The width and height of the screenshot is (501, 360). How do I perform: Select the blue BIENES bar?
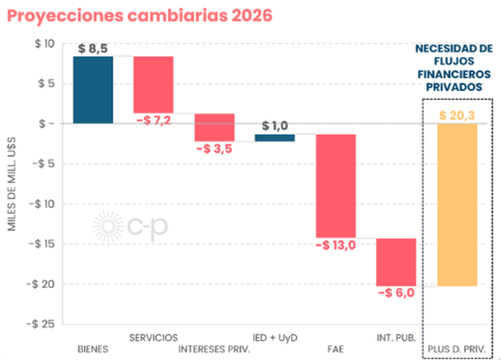click(x=93, y=90)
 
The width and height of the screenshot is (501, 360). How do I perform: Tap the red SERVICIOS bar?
click(x=153, y=84)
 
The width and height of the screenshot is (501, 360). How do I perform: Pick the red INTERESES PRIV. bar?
click(x=214, y=127)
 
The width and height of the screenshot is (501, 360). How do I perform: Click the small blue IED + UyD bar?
click(x=275, y=138)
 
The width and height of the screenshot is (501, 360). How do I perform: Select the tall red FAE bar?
click(x=336, y=185)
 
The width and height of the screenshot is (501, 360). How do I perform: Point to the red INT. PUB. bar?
click(x=397, y=261)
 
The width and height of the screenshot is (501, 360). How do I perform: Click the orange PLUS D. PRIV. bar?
click(x=457, y=204)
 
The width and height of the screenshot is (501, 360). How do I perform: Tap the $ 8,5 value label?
click(x=93, y=49)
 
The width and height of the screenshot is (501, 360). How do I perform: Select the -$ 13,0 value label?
click(x=336, y=245)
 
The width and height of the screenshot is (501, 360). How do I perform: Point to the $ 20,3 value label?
click(x=457, y=116)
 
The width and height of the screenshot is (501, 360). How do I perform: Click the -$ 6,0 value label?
click(x=397, y=293)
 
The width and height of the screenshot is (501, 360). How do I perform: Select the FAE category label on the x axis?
click(x=336, y=348)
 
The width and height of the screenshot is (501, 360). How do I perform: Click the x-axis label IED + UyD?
click(x=275, y=337)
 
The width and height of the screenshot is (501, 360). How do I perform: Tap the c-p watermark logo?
click(x=130, y=226)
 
